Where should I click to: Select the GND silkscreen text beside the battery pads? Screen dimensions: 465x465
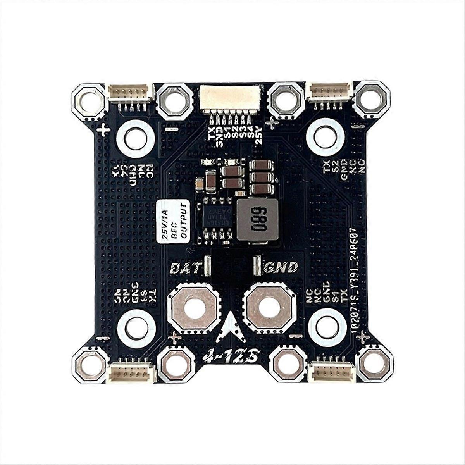(x=281, y=267)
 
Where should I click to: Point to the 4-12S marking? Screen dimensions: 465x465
(x=231, y=356)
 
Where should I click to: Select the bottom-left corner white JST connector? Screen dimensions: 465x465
(x=131, y=372)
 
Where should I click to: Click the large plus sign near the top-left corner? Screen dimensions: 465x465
(x=103, y=130)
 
